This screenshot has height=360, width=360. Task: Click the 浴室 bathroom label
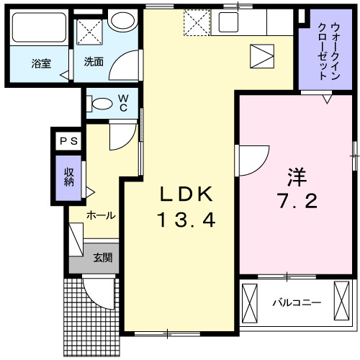[41, 63]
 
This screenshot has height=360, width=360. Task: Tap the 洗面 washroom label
[94, 62]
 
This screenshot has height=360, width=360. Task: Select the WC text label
[123, 103]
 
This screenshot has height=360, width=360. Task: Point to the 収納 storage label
[69, 176]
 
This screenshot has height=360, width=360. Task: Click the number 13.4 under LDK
[186, 220]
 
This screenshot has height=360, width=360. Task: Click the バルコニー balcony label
[296, 303]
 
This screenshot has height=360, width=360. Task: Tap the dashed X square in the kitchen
[196, 24]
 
